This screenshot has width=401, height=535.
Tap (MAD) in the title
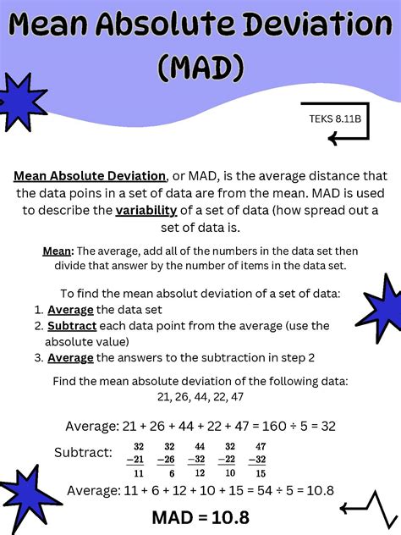[x=200, y=67]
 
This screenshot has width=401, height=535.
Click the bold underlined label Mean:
[x=58, y=251]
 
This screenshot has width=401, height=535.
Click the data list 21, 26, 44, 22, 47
[x=200, y=396]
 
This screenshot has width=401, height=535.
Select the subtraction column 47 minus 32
[x=259, y=459]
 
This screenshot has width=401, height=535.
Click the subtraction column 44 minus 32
[x=200, y=459]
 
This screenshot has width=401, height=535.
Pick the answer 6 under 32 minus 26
[x=172, y=473]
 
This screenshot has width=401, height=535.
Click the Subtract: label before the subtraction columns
[x=83, y=452]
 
